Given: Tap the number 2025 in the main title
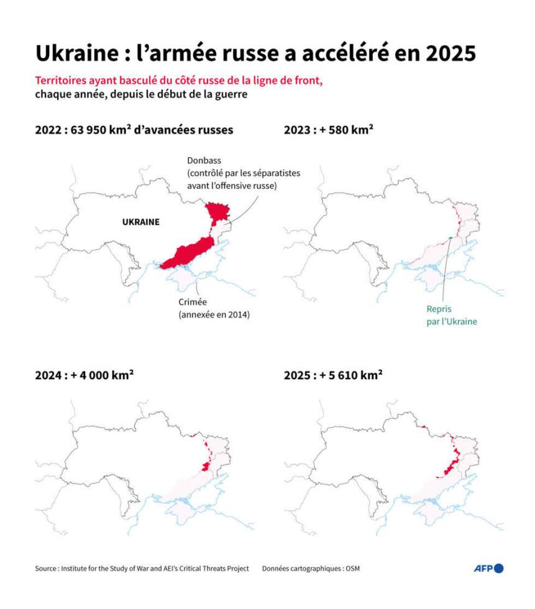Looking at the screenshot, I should tap(446, 53).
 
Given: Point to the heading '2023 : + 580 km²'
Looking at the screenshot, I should tap(328, 130).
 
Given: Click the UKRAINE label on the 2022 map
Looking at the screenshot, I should tap(140, 222).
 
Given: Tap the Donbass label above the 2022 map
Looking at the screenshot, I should tap(202, 160).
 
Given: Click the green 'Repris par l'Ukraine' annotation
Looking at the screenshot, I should tap(452, 315).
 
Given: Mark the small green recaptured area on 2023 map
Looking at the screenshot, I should tap(449, 238).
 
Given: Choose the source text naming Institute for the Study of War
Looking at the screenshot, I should tap(142, 569).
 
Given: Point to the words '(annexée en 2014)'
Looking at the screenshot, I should tap(214, 315).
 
